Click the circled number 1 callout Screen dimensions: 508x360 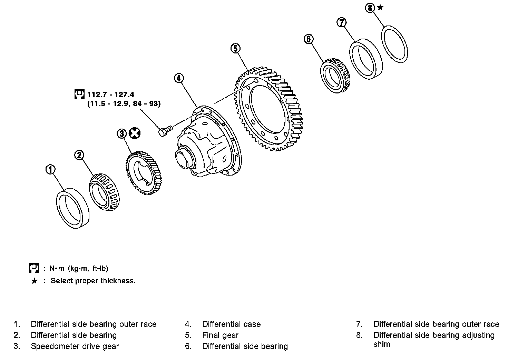[50, 169]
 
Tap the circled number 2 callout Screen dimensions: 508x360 [79, 155]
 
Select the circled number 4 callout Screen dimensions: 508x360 [179, 78]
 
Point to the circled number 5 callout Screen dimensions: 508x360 [235, 48]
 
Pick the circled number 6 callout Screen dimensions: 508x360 [309, 39]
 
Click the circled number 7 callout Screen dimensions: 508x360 [342, 22]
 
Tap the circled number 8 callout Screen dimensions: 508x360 [370, 8]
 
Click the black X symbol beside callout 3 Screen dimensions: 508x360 [135, 133]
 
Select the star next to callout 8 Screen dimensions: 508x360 [380, 8]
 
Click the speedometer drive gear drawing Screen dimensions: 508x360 [144, 173]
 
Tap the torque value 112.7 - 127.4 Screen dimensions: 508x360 [111, 94]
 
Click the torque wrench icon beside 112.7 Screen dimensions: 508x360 [79, 94]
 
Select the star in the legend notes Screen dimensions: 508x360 [35, 281]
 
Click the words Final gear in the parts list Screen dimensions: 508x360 [221, 335]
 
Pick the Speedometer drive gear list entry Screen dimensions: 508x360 [75, 346]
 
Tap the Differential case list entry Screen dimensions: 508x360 [231, 324]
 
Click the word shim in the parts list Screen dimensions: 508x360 [382, 344]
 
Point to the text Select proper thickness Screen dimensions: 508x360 [93, 281]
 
